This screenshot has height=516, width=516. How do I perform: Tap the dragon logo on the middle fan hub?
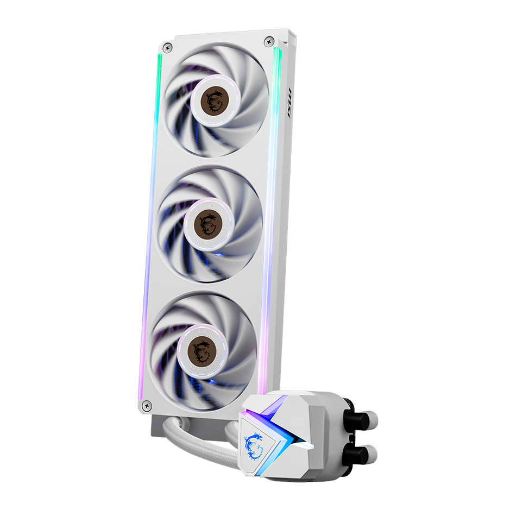click(x=207, y=223)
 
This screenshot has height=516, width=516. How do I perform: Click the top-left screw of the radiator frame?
click(x=167, y=48)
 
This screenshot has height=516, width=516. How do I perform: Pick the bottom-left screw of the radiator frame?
click(x=146, y=405)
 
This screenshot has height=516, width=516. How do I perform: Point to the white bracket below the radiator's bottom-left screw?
click(x=155, y=426)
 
